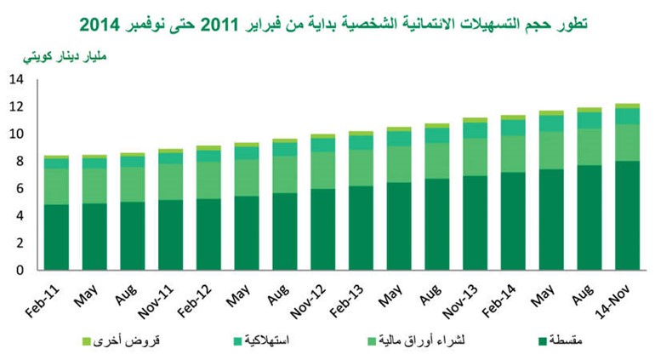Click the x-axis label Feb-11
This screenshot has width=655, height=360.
click(x=43, y=300)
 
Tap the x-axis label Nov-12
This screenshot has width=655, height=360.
click(x=308, y=301)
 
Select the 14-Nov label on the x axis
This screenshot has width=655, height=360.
click(x=612, y=301)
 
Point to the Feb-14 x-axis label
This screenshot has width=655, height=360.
click(x=499, y=300)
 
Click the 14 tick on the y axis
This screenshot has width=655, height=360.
click(x=17, y=79)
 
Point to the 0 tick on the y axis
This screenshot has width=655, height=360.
click(x=20, y=270)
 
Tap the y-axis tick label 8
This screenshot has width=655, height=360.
click(x=20, y=161)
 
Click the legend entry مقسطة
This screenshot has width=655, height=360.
click(x=561, y=340)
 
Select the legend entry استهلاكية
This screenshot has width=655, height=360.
click(x=261, y=340)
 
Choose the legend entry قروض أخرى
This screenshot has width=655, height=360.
click(x=121, y=340)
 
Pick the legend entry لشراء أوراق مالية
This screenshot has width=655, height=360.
click(x=416, y=340)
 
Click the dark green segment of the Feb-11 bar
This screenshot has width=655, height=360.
click(x=56, y=237)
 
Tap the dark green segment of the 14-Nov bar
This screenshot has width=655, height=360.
click(x=628, y=215)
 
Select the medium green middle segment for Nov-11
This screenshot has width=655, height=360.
click(x=170, y=182)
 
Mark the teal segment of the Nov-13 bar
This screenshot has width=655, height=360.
click(x=475, y=130)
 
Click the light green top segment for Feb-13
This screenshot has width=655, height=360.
click(x=361, y=134)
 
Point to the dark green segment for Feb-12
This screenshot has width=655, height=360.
click(x=208, y=234)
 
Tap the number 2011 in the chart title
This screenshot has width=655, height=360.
click(x=220, y=25)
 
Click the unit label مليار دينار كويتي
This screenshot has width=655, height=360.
click(x=65, y=56)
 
